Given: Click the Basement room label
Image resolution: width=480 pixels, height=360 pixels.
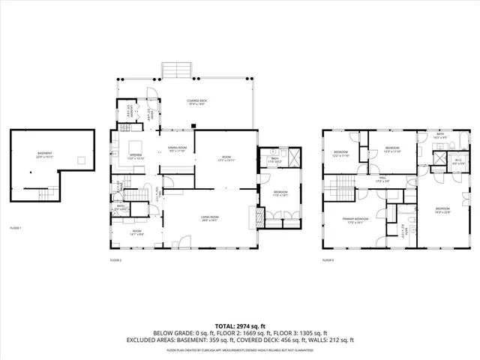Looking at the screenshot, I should point(45,155).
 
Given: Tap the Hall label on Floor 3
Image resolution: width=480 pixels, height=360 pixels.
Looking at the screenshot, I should point(382,179).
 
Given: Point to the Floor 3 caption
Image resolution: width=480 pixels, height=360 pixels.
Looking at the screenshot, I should point(328,260).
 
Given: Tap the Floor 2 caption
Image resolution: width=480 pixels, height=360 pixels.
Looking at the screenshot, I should point(115,260).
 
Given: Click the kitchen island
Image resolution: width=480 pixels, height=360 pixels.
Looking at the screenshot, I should point(136,145).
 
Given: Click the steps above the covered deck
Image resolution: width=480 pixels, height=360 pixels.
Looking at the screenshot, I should point(178,70).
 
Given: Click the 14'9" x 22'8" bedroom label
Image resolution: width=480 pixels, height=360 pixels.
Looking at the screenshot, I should point(442,209).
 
